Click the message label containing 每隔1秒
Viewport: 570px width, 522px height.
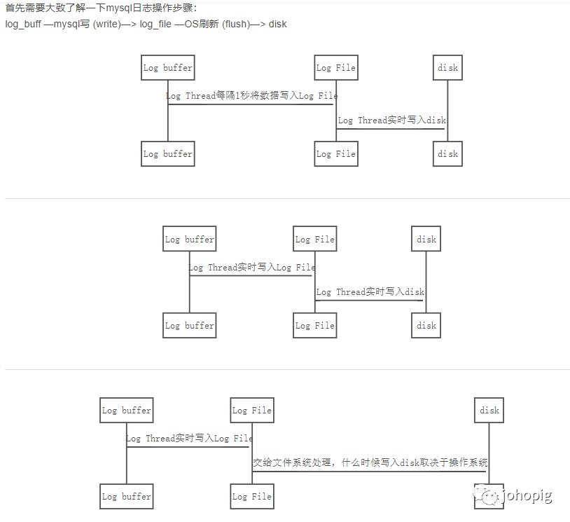(x=251, y=96)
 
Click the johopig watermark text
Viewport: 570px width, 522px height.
(x=528, y=495)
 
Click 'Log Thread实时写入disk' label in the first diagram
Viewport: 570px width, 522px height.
(x=392, y=121)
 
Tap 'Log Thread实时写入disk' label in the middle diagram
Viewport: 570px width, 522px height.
(x=370, y=291)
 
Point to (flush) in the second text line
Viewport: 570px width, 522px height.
(x=237, y=24)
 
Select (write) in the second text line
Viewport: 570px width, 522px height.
(x=106, y=24)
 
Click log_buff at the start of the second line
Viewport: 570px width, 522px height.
(x=23, y=24)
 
